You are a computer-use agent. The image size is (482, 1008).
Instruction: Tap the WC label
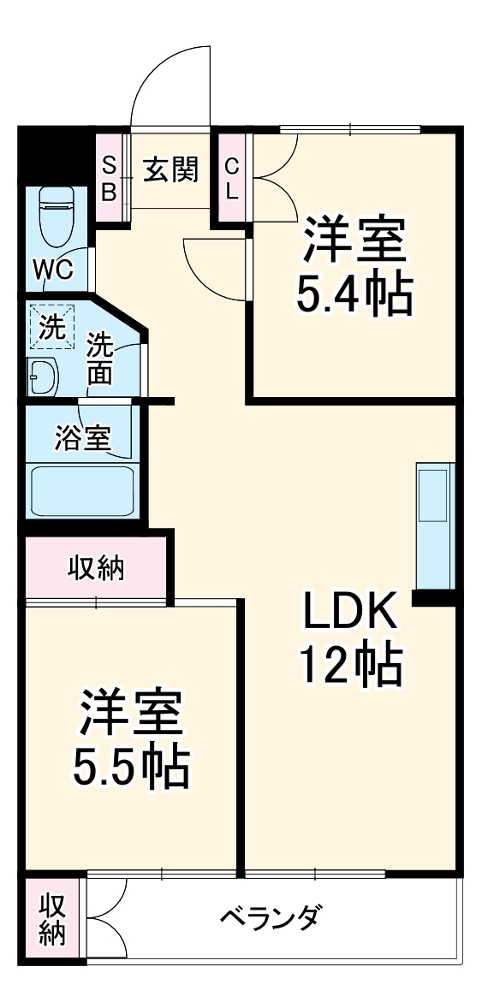53,271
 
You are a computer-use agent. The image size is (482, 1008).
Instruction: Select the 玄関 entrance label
170,170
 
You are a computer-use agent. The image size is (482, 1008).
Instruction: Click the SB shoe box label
110,177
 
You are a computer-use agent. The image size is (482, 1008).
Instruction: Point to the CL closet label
231,177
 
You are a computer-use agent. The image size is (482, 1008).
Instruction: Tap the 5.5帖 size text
130,768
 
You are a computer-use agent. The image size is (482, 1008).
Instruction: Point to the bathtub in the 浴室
82,490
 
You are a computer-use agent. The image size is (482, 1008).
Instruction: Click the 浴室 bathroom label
82,439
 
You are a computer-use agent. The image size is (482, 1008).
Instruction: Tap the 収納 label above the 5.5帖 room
96,567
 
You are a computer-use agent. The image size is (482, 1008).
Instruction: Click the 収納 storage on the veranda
52,919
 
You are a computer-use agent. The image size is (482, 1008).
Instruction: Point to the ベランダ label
271,920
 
